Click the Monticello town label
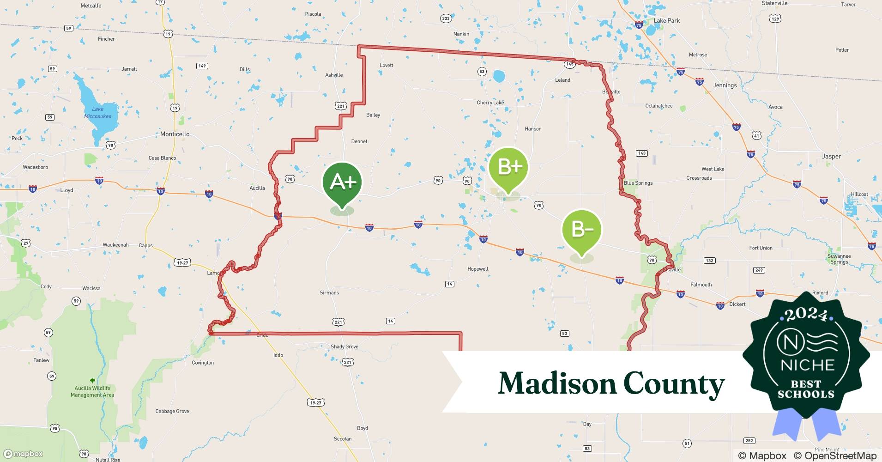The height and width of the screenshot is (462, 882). click(x=175, y=134)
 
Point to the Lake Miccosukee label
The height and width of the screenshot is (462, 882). click(x=98, y=113)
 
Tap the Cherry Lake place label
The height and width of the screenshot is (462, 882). click(x=490, y=103)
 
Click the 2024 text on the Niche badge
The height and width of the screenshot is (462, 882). click(x=806, y=315)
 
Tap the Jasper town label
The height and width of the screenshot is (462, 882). click(x=831, y=157)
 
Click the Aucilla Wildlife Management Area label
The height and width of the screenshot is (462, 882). click(x=92, y=391)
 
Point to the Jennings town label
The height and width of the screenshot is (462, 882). click(x=725, y=85)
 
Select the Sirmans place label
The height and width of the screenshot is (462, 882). click(x=329, y=292)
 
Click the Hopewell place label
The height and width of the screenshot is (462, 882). click(x=477, y=269)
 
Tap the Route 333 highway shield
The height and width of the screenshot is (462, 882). click(x=445, y=18)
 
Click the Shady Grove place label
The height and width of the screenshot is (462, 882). click(x=344, y=346)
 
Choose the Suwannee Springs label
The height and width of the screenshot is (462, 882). click(x=839, y=259)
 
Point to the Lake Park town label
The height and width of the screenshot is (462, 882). click(x=666, y=21)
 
